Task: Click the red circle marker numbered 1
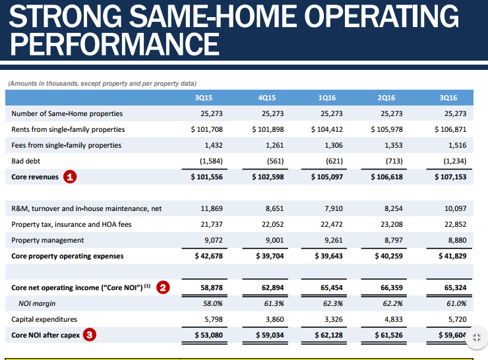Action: coord(70,177)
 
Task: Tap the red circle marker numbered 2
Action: coord(163,287)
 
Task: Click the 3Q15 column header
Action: coord(204,98)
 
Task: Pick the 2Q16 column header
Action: coord(386,98)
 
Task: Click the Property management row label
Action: coord(47,240)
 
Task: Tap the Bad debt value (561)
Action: coord(272,161)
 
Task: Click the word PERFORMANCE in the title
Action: coord(115,44)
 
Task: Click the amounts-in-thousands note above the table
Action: coord(101,83)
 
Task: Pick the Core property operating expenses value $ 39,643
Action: coord(327,256)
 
